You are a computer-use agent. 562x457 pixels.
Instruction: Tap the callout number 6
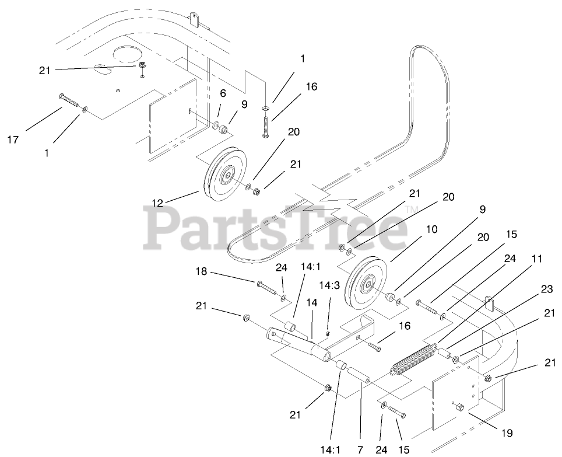tap(223, 93)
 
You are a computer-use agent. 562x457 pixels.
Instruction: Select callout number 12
tap(157, 203)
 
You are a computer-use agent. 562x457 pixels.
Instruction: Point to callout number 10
tap(431, 230)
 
